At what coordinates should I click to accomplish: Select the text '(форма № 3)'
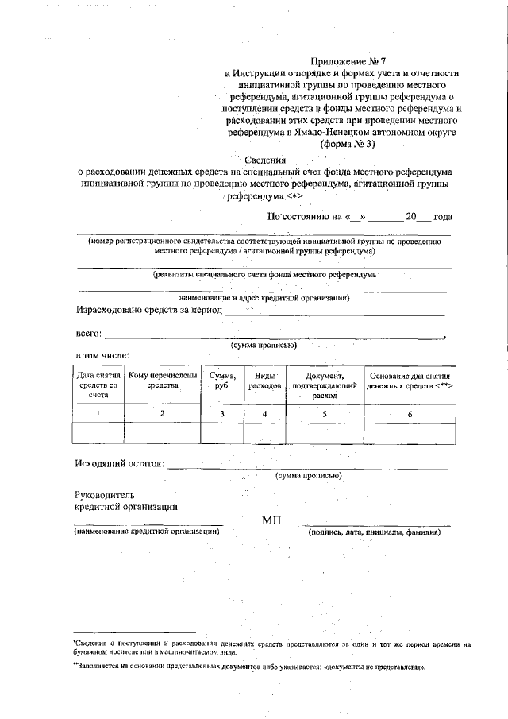[x=348, y=145]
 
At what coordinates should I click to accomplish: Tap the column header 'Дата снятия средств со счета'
[x=98, y=385]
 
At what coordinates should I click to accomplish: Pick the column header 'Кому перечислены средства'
[x=162, y=380]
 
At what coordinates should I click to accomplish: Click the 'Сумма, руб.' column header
[x=221, y=380]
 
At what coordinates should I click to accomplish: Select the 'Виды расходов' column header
[x=264, y=380]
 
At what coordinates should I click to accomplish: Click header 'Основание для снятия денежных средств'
[x=410, y=380]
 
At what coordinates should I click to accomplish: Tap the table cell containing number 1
[x=98, y=413]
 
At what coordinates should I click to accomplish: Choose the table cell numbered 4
[x=264, y=413]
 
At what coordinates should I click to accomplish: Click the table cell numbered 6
[x=410, y=414]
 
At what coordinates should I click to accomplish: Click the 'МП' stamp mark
[x=271, y=521]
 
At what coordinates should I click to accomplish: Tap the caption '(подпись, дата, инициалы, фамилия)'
[x=374, y=532]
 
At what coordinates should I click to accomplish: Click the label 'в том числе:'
[x=102, y=354]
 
